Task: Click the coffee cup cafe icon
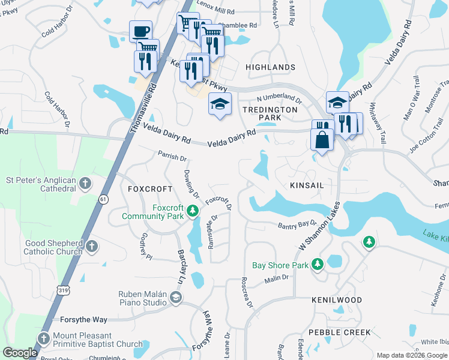(x=140, y=31)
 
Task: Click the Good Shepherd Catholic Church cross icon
(x=91, y=247)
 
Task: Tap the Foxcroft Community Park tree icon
(x=192, y=211)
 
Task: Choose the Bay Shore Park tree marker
(x=317, y=265)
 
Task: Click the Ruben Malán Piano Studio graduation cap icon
(x=175, y=298)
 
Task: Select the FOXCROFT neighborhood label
(x=150, y=188)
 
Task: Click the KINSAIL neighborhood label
(x=307, y=185)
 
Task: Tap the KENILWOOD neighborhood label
(x=336, y=299)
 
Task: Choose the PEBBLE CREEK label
(x=340, y=332)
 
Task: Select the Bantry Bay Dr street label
(x=297, y=226)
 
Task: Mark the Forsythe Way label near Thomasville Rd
(x=83, y=320)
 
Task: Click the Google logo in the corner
(x=20, y=353)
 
